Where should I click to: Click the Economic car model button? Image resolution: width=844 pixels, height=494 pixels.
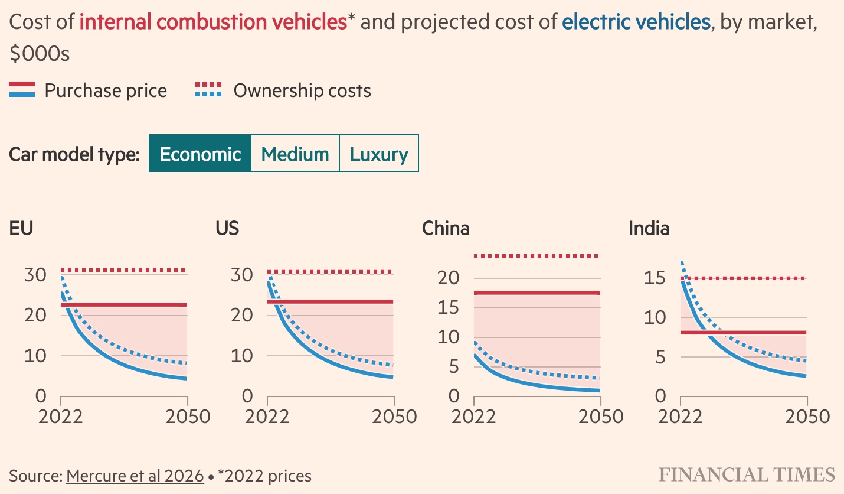[x=200, y=154]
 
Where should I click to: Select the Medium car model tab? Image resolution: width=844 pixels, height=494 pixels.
[x=295, y=154]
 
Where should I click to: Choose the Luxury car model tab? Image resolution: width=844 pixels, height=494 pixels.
[x=379, y=154]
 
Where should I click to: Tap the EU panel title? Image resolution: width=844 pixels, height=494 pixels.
[x=21, y=228]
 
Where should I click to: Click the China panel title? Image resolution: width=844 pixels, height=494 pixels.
[x=446, y=228]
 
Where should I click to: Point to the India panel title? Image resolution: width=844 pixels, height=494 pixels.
[x=649, y=228]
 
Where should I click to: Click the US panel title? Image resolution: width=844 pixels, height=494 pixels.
[x=228, y=228]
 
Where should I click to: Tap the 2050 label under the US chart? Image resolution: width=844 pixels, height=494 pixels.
[x=394, y=417]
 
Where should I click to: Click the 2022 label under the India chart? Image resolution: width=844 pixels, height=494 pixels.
[x=680, y=417]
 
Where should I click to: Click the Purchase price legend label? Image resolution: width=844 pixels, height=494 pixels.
[x=106, y=91]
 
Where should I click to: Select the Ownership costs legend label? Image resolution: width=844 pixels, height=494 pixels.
[x=302, y=91]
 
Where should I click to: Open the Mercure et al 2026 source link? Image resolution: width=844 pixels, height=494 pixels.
[x=135, y=476]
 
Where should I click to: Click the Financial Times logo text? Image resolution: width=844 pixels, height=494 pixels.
[x=747, y=475]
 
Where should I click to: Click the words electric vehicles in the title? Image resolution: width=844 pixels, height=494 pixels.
[x=636, y=22]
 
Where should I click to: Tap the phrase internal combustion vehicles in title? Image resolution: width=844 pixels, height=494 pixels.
[x=212, y=22]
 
